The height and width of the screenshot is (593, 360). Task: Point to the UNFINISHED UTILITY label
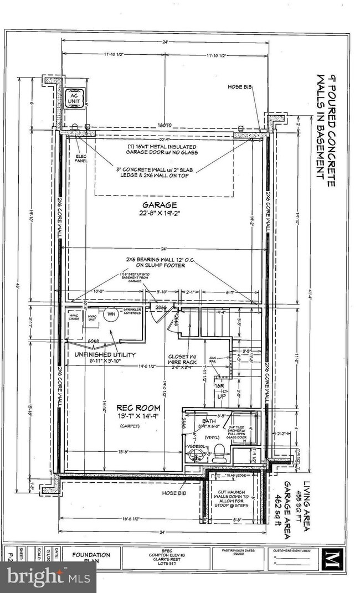[101, 354]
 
